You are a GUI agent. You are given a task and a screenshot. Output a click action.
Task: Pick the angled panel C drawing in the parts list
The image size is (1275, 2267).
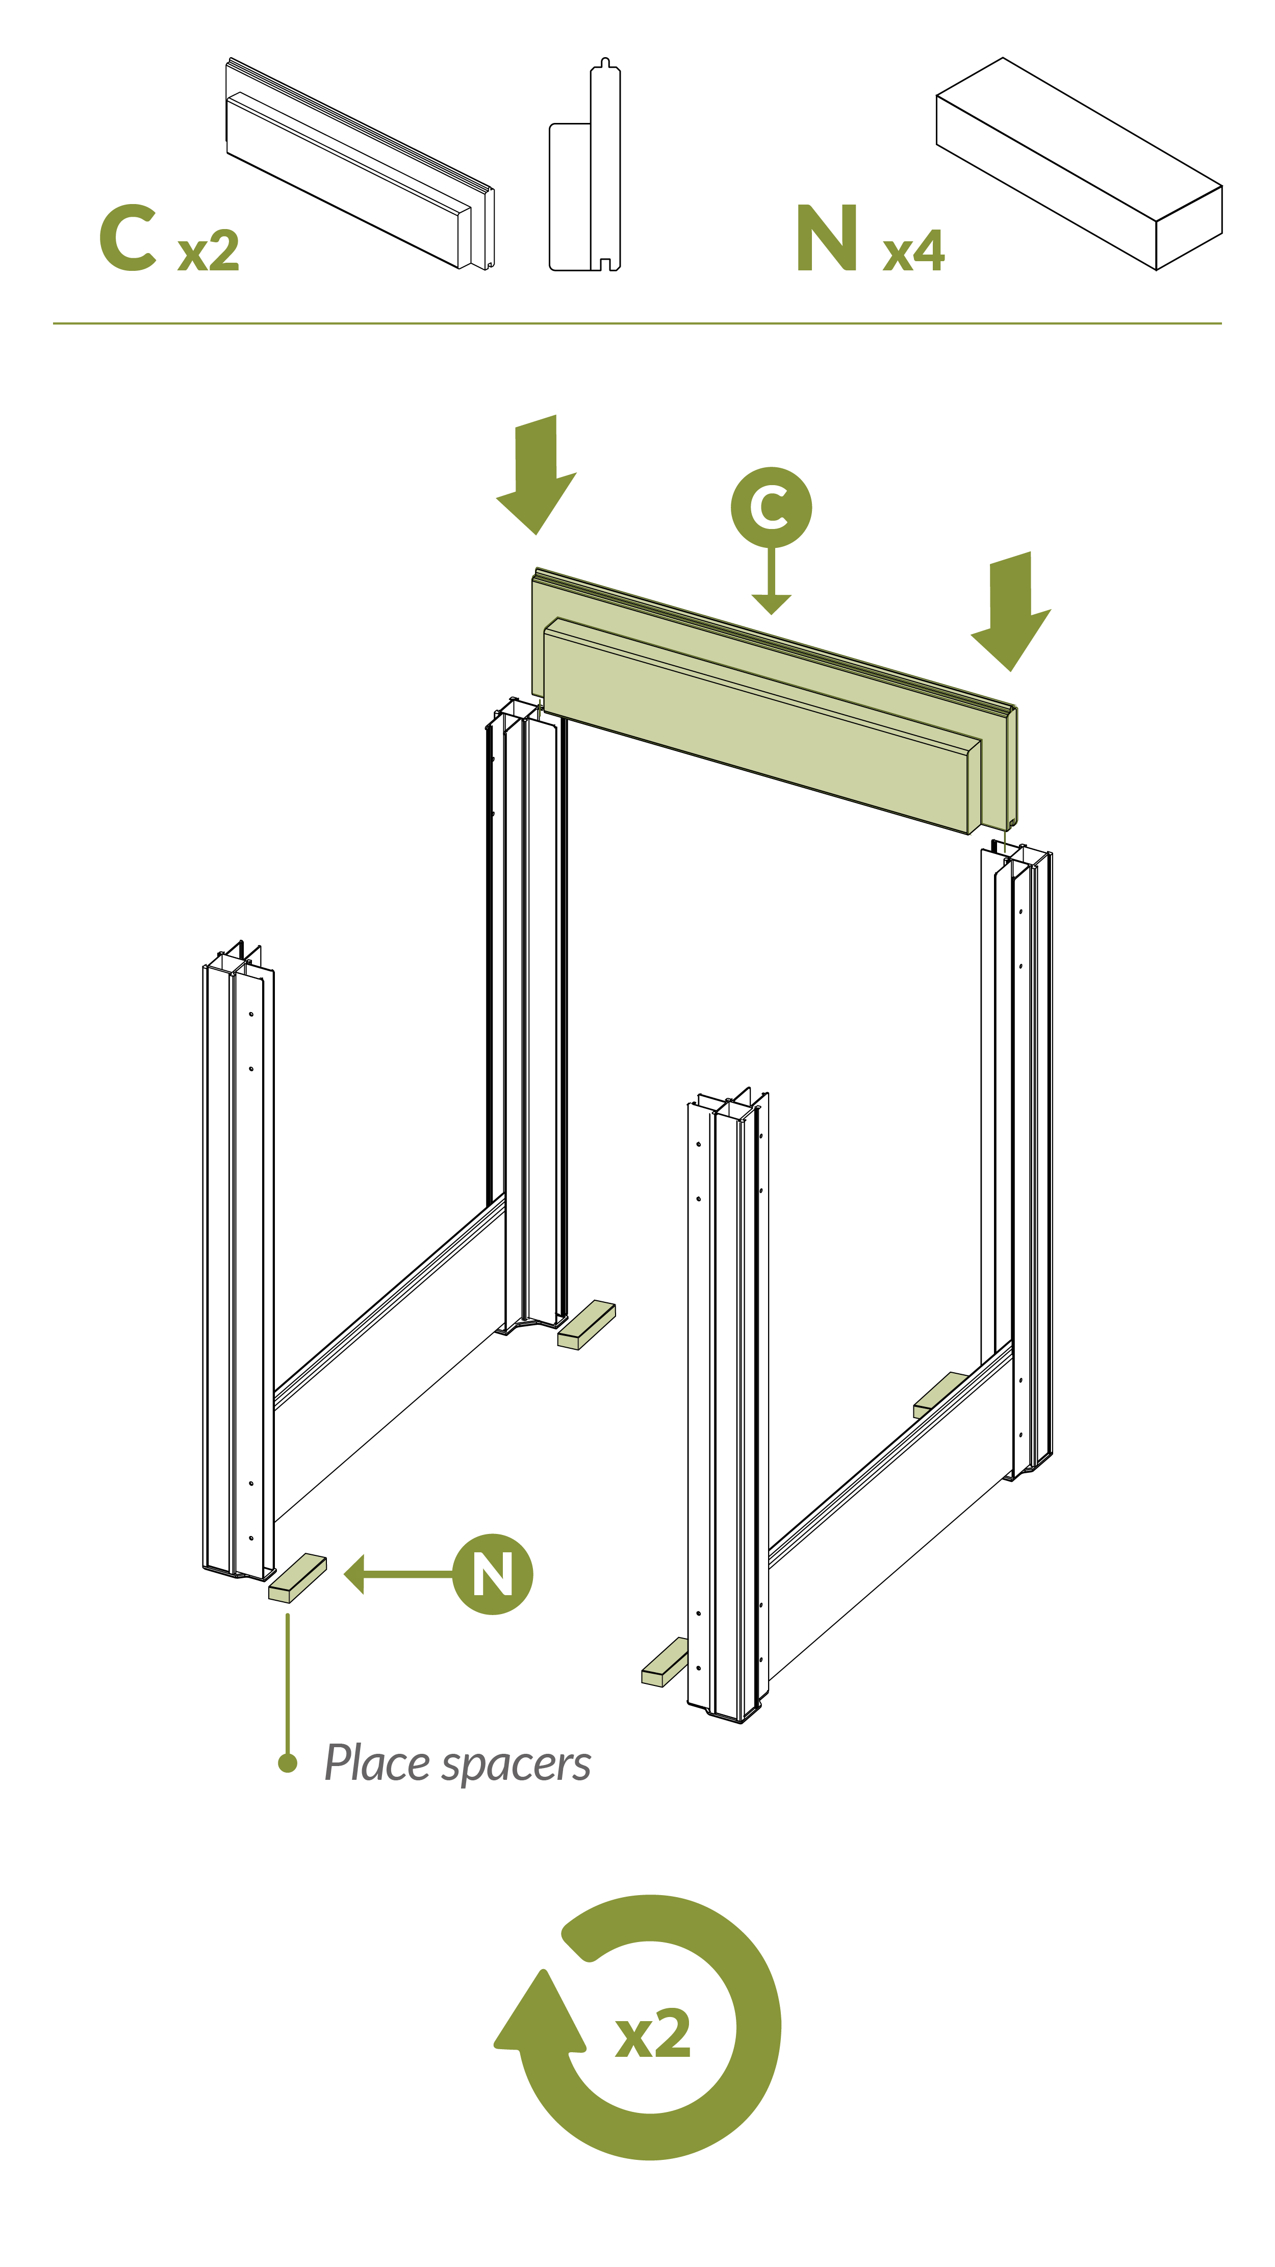[x=359, y=165]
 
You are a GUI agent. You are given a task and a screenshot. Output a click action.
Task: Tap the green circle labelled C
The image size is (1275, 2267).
[x=771, y=507]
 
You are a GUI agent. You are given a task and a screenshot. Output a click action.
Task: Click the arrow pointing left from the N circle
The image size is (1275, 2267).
[x=396, y=1574]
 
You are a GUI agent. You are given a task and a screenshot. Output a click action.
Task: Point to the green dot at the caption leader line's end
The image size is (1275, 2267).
[x=287, y=1762]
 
